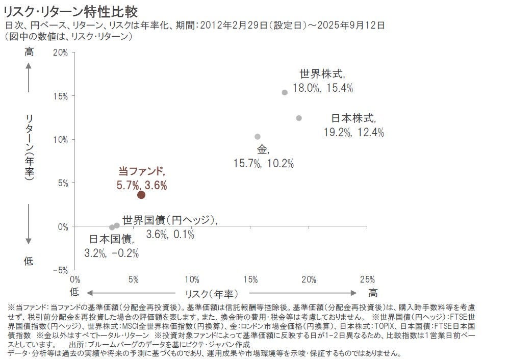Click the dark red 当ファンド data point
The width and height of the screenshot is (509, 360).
tap(141, 194)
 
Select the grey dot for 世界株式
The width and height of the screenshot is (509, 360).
tap(285, 92)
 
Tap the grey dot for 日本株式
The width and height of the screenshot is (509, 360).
tap(299, 118)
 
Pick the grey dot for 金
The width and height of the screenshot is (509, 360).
tap(258, 137)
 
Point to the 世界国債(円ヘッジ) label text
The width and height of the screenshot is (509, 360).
tap(170, 220)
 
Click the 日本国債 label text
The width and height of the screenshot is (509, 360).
tap(112, 238)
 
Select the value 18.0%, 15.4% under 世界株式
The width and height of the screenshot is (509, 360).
tap(323, 88)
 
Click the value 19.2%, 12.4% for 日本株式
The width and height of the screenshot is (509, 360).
tap(354, 132)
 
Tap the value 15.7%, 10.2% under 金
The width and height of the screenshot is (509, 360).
tap(264, 163)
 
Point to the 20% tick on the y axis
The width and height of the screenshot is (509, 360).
tap(60, 53)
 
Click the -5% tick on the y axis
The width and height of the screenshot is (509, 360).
tap(60, 270)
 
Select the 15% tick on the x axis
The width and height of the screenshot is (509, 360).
tap(250, 279)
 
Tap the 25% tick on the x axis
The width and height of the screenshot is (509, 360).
tap(367, 279)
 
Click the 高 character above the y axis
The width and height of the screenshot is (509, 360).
tap(29, 52)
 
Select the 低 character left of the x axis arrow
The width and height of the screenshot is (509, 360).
tap(74, 292)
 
